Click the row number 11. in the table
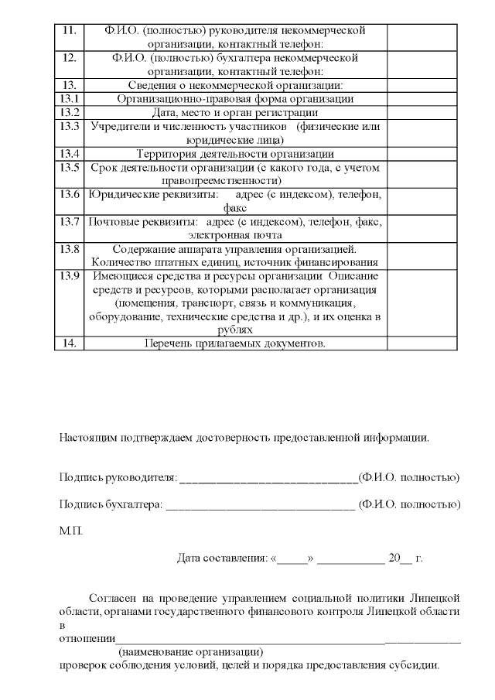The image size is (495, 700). pyautogui.click(x=68, y=30)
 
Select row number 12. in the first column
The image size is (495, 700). pyautogui.click(x=68, y=57)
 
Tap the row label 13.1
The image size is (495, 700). pyautogui.click(x=70, y=99)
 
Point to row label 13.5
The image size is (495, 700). pyautogui.click(x=70, y=167)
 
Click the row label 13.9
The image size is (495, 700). pyautogui.click(x=70, y=276)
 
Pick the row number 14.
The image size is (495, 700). pyautogui.click(x=68, y=343)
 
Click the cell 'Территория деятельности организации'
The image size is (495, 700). pyautogui.click(x=235, y=153)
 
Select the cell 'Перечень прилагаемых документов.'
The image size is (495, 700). pyautogui.click(x=235, y=343)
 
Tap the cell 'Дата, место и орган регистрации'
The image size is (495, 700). pyautogui.click(x=235, y=112)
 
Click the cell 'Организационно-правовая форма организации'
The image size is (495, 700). pyautogui.click(x=235, y=99)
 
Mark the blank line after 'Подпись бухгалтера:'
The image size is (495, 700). pyautogui.click(x=260, y=505)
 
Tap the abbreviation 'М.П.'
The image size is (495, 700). pyautogui.click(x=70, y=531)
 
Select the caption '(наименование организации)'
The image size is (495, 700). pyautogui.click(x=190, y=652)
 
